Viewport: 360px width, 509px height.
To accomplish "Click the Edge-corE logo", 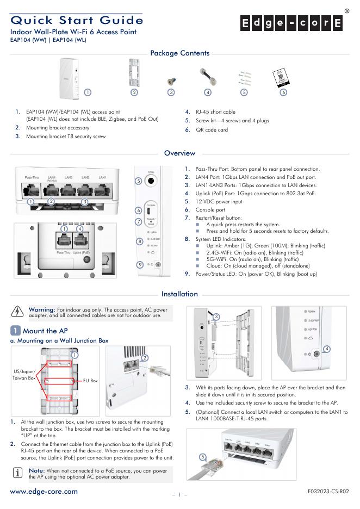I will click(291, 23).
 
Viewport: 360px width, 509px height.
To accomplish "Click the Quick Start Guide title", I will click(77, 20).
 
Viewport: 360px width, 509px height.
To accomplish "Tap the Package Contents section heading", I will click(179, 53).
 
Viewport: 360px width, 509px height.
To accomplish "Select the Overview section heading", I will click(179, 153).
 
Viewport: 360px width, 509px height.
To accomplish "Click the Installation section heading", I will click(179, 294).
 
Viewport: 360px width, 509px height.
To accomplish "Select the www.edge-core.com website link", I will click(44, 492).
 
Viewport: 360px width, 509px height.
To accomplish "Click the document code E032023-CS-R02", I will click(328, 492).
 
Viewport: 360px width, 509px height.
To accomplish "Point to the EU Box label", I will click(90, 381).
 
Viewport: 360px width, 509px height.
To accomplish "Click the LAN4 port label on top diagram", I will click(52, 178).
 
